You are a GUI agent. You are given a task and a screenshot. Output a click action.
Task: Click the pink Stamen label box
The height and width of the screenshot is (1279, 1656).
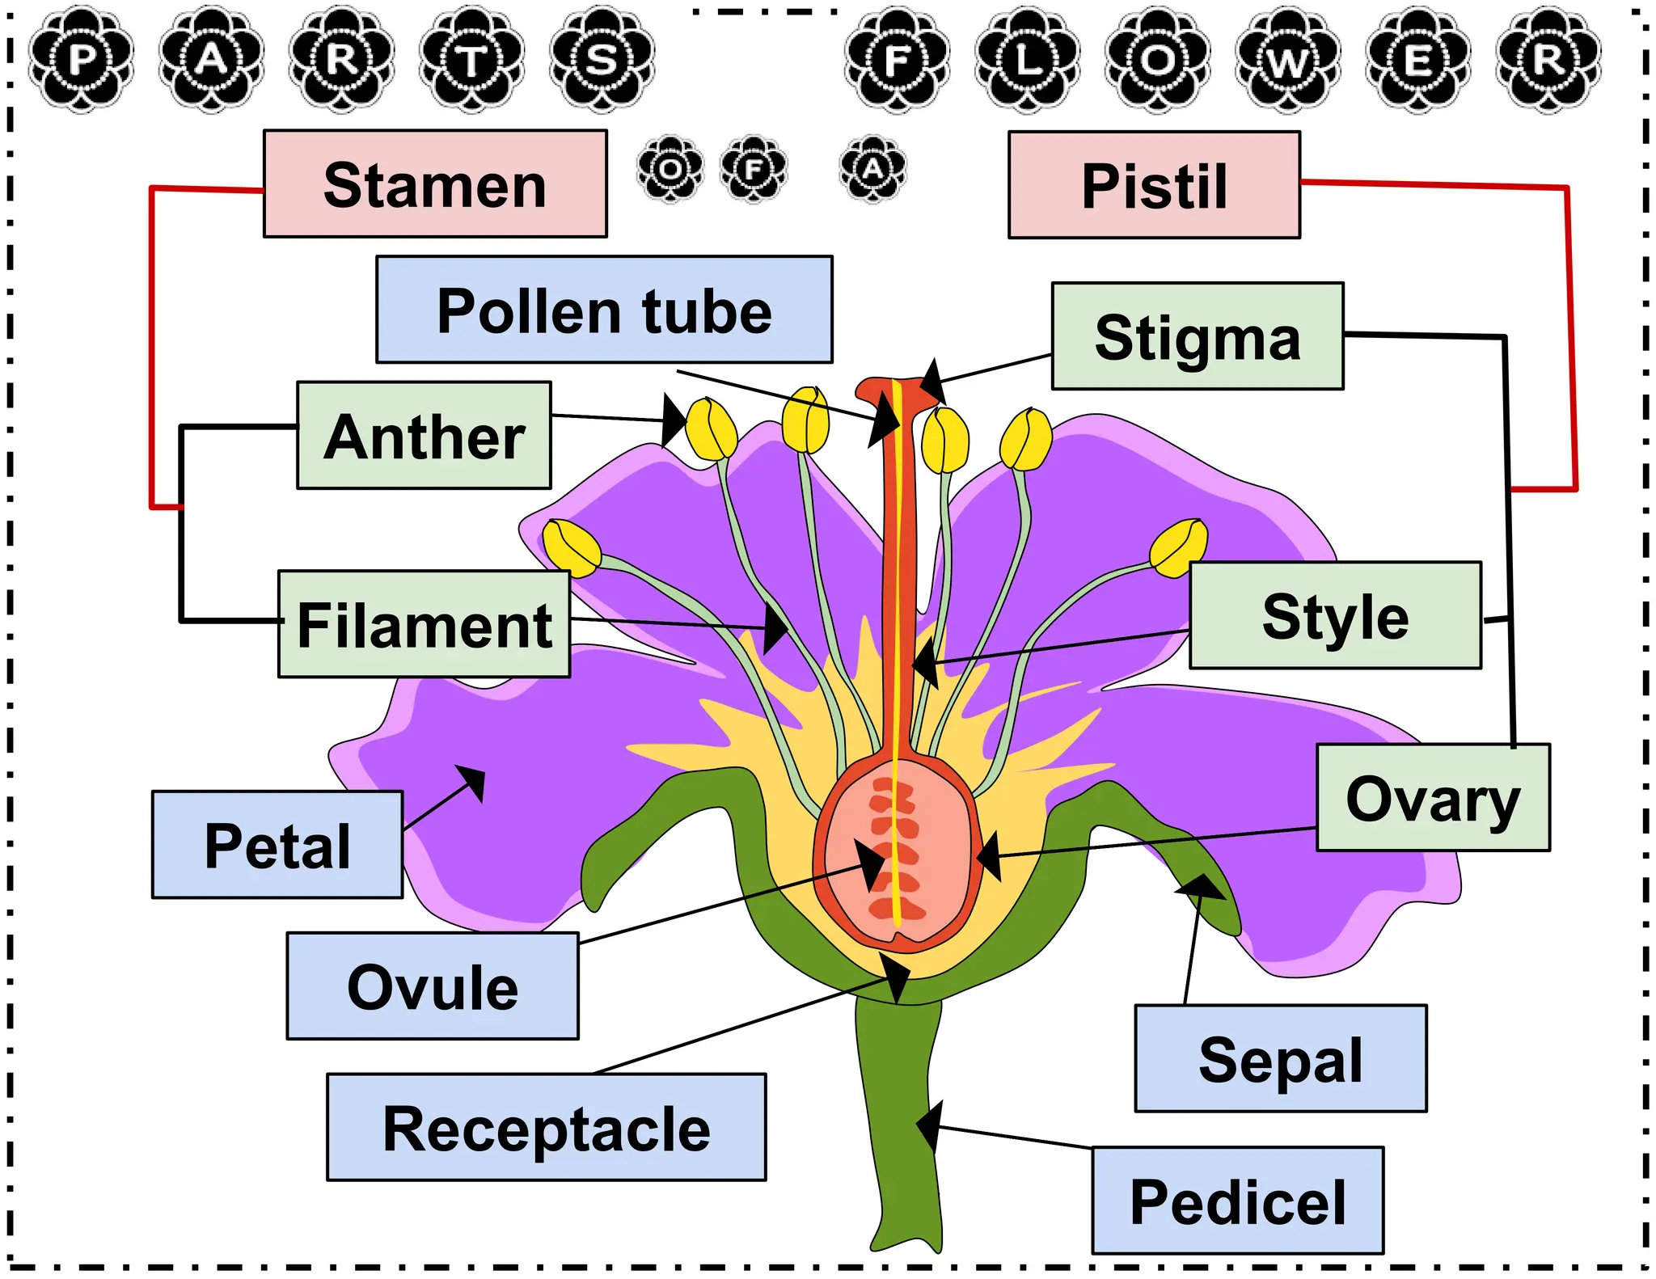coord(435,184)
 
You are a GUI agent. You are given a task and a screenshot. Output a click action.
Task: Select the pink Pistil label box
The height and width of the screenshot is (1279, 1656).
coord(1154,185)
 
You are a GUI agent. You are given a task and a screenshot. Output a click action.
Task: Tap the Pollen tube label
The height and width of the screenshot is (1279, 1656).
coord(604,310)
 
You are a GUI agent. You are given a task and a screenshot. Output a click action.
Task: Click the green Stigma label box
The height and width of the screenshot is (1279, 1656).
coord(1198,336)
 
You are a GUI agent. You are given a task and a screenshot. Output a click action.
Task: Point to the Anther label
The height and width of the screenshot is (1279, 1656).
coord(425,436)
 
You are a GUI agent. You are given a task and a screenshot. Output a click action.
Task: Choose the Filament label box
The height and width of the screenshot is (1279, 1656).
coord(425,624)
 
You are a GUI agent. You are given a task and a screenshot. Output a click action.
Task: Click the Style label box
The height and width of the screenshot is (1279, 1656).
coord(1335,615)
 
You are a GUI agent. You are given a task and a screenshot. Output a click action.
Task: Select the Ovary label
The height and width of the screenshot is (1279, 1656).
coord(1433,798)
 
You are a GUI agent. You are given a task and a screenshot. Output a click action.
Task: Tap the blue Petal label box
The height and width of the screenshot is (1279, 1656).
coord(277,845)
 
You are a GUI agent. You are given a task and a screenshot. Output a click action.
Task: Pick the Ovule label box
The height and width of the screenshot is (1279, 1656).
coord(433,986)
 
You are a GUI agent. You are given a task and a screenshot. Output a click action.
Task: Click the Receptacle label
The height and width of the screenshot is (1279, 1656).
coord(547,1128)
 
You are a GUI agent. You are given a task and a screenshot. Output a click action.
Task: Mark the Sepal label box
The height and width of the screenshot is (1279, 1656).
coord(1281,1059)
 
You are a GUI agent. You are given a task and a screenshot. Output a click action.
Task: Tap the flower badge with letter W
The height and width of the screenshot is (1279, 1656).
coord(1287,60)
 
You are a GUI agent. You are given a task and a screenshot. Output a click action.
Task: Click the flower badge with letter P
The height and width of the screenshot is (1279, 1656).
coord(81,60)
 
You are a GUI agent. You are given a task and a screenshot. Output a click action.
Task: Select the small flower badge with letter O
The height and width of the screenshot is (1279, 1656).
coord(670,169)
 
